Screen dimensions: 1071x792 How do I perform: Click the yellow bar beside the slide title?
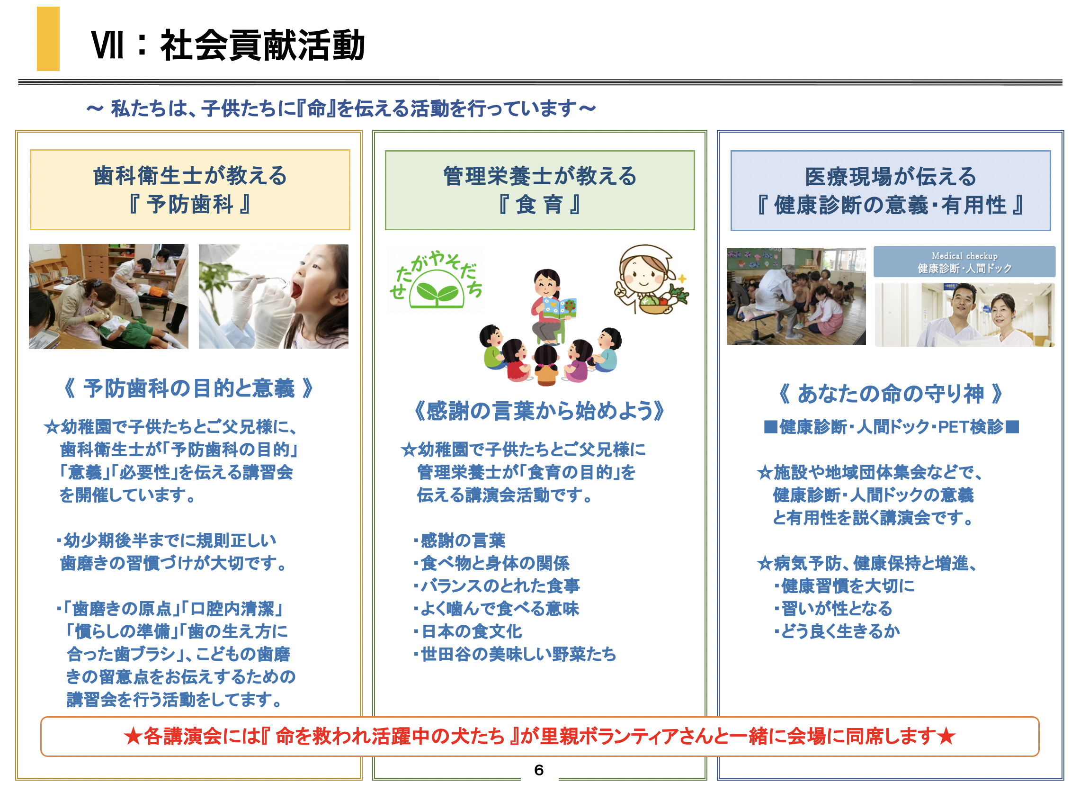(x=48, y=39)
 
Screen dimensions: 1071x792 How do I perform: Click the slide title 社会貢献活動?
(x=263, y=45)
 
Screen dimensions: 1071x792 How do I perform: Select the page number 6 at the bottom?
(x=539, y=770)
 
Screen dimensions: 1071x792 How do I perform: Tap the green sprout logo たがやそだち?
(x=436, y=280)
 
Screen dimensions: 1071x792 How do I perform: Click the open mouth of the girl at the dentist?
(x=296, y=290)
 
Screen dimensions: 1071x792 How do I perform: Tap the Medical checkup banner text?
(x=964, y=262)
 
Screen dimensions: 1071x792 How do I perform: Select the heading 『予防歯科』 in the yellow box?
(x=190, y=204)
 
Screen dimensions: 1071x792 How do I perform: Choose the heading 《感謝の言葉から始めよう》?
(x=540, y=411)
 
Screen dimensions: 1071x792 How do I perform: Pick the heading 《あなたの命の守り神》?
(x=890, y=394)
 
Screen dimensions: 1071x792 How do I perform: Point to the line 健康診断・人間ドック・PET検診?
(x=891, y=426)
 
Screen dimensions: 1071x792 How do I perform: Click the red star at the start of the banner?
(x=133, y=737)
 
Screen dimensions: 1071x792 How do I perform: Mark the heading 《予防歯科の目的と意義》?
(x=189, y=388)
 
